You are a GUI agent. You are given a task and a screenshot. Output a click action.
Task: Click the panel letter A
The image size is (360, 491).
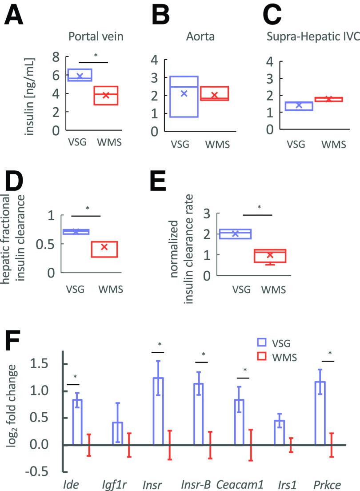point(14,18)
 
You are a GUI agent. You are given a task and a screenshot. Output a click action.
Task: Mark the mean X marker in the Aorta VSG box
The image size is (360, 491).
point(184,93)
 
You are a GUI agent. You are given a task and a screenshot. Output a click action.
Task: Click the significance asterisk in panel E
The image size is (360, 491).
point(259,207)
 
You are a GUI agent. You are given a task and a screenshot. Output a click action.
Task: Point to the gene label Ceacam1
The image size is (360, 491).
point(237,483)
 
